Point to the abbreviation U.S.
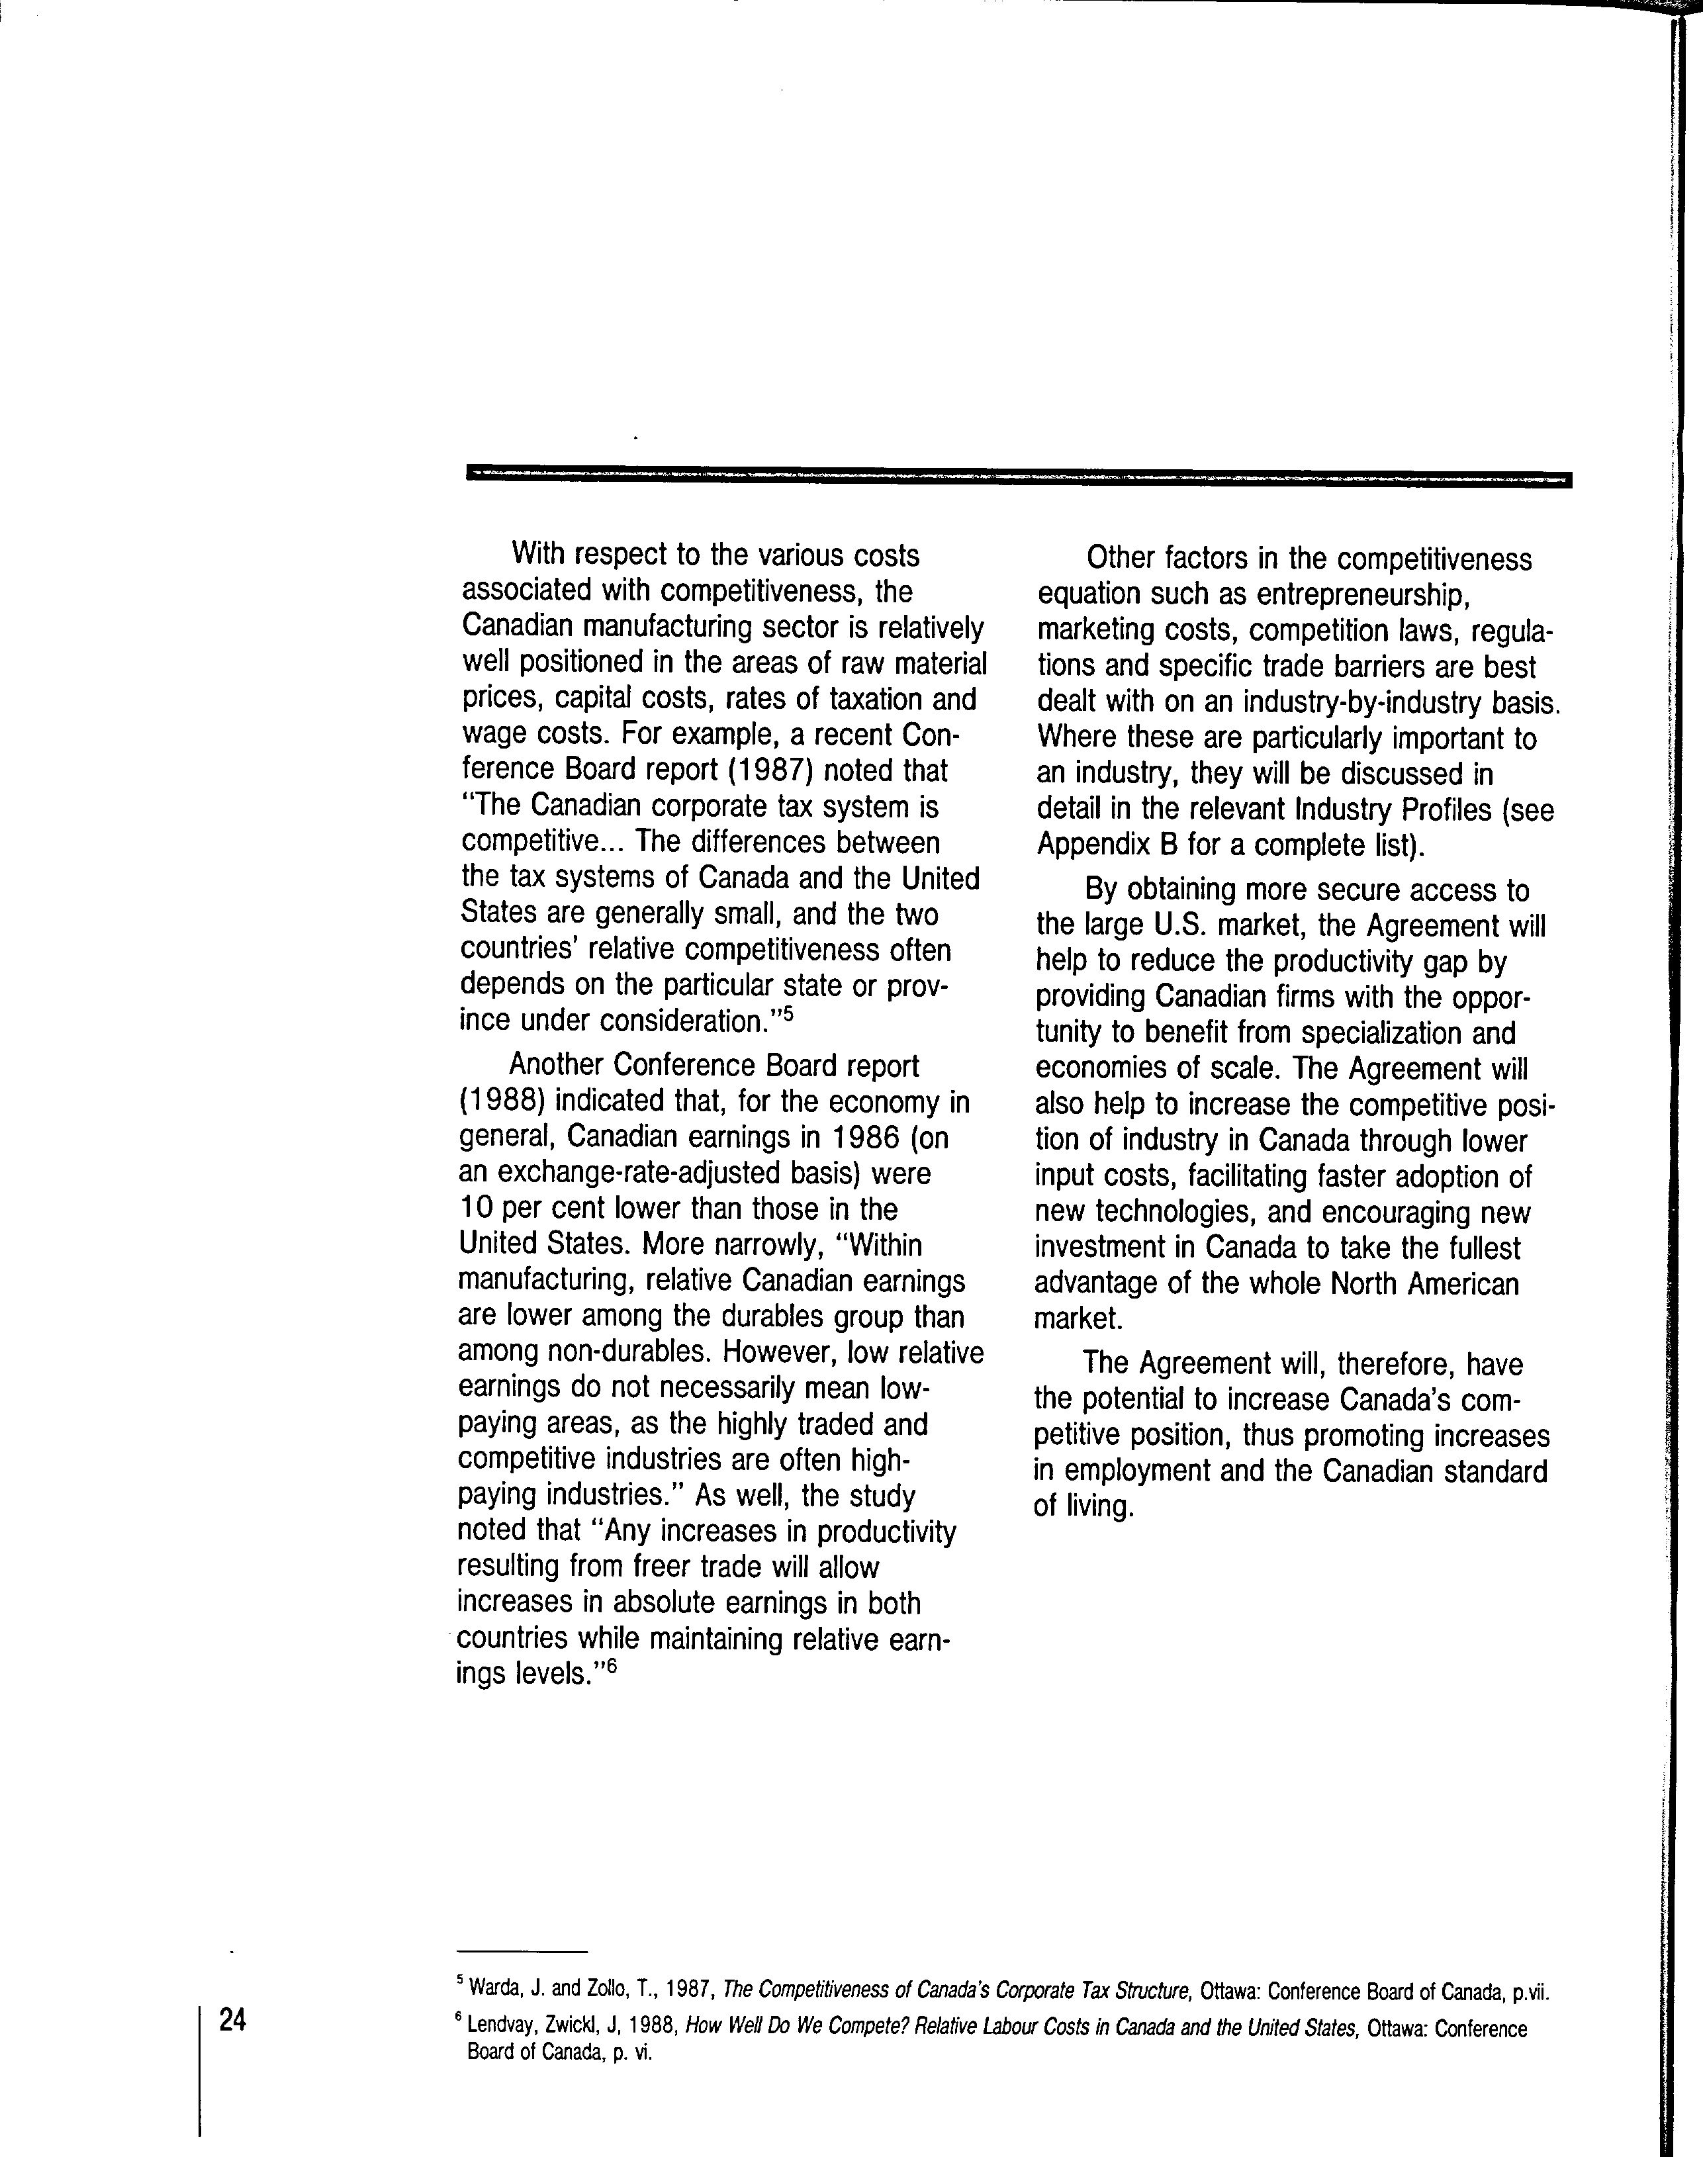[1181, 926]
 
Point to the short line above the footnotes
[522, 1950]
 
